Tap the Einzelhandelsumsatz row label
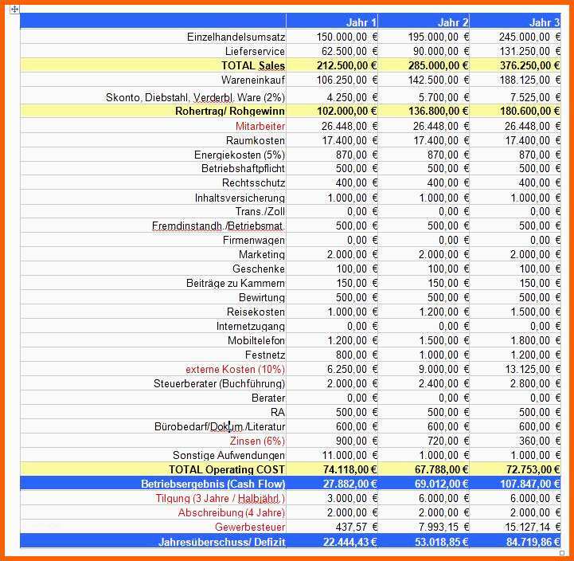(236, 37)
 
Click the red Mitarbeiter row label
(260, 126)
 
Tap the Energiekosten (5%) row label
(239, 155)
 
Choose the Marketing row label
(261, 254)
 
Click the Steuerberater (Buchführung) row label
(219, 383)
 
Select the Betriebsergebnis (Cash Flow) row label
(213, 484)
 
